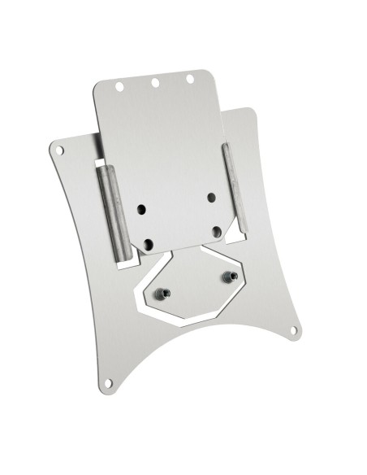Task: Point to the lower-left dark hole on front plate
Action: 148,241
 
